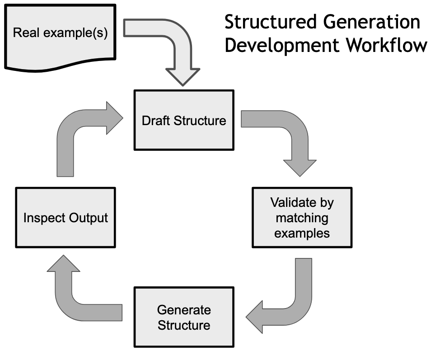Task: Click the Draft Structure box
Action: pyautogui.click(x=184, y=120)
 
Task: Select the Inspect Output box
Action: pyautogui.click(x=66, y=218)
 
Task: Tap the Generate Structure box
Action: pyautogui.click(x=184, y=317)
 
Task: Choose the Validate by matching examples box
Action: pyautogui.click(x=302, y=218)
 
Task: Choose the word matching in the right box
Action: pyautogui.click(x=302, y=218)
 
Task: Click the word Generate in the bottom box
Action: pyautogui.click(x=184, y=310)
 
